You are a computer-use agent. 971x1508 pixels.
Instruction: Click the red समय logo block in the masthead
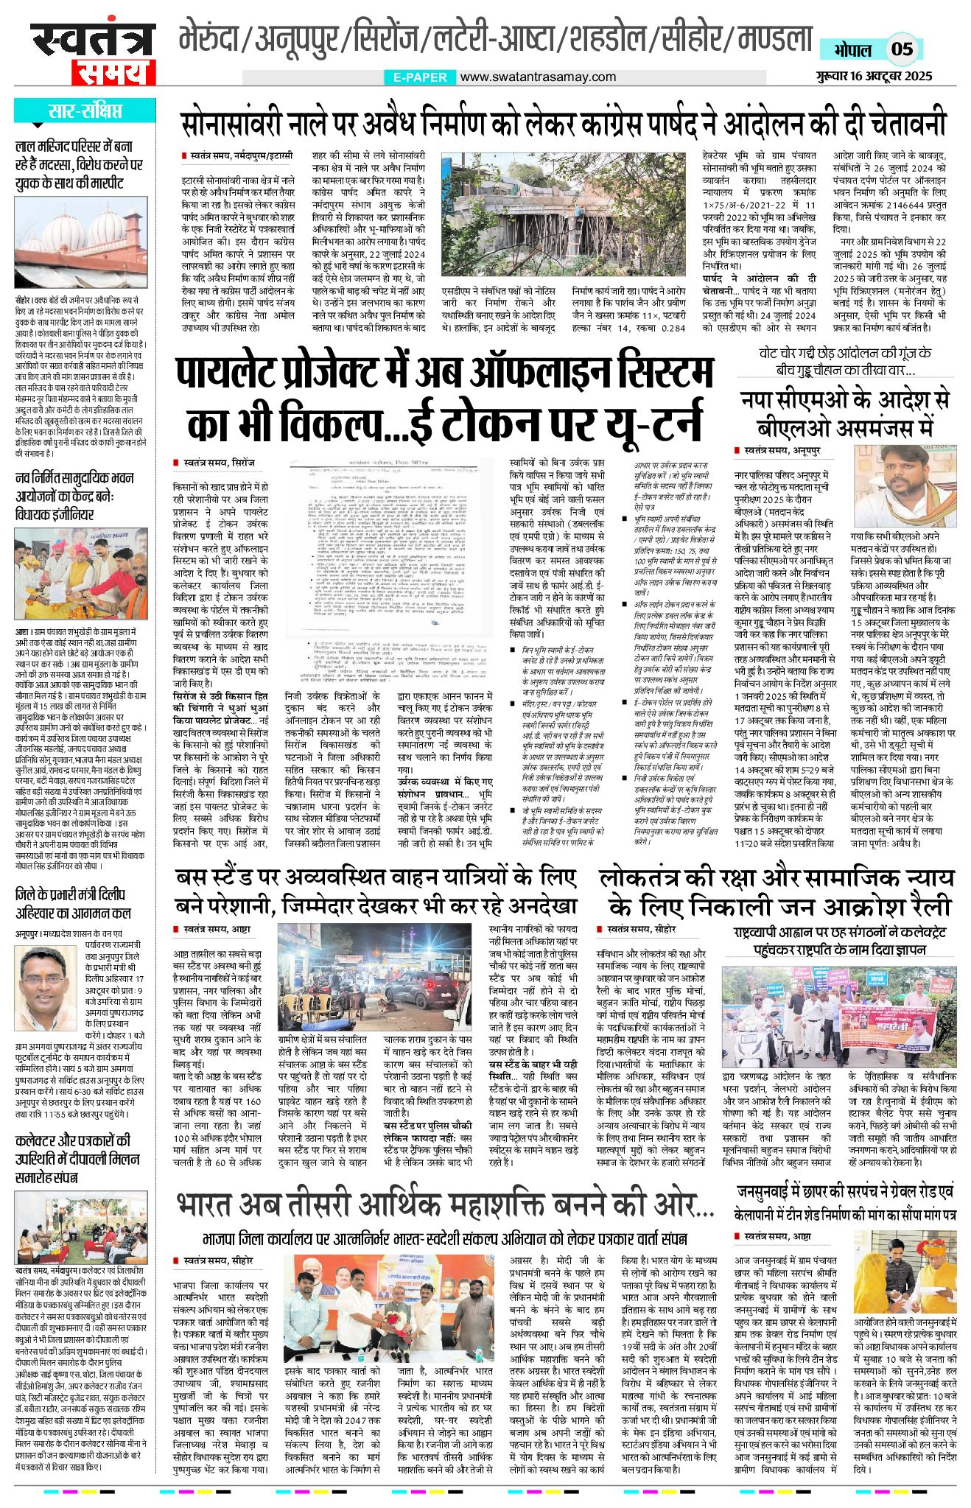click(113, 73)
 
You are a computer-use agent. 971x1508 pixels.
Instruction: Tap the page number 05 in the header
click(902, 49)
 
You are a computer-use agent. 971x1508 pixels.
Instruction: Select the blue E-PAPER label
click(420, 77)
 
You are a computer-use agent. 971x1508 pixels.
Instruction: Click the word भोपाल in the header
click(853, 50)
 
